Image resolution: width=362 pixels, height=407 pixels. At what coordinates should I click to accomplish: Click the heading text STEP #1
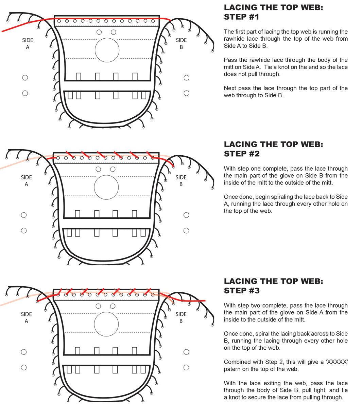click(241, 17)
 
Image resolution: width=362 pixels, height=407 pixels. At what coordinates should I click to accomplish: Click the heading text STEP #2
click(241, 154)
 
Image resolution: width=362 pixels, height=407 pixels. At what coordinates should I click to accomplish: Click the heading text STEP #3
click(241, 291)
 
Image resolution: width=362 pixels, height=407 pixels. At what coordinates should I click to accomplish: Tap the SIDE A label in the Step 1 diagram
click(28, 44)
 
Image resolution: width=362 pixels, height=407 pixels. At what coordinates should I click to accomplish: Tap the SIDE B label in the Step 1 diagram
click(181, 44)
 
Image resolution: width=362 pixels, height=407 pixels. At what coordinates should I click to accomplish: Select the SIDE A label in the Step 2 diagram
click(26, 181)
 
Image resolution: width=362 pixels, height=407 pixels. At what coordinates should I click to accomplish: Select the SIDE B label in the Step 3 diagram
click(181, 317)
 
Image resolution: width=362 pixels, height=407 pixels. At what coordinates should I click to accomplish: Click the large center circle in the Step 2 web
click(106, 188)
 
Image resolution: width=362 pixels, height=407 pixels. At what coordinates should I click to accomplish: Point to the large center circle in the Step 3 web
click(106, 324)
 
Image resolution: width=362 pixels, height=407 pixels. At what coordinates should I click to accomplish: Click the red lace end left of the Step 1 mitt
click(3, 31)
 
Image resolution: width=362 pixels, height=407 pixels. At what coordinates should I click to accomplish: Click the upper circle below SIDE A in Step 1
click(25, 78)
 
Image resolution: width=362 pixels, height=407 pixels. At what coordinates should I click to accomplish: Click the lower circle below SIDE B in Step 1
click(186, 93)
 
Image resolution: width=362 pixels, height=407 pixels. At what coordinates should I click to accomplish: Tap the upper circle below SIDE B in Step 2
click(186, 215)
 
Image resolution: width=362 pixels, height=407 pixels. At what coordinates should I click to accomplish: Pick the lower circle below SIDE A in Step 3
click(24, 367)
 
